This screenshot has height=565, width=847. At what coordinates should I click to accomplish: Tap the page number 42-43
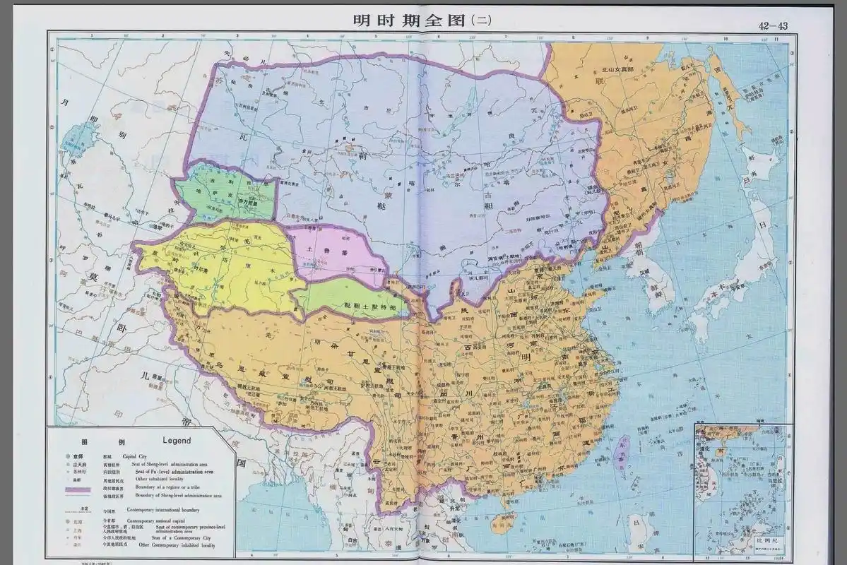(x=774, y=25)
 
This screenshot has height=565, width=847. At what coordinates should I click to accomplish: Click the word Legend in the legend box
(x=177, y=440)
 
